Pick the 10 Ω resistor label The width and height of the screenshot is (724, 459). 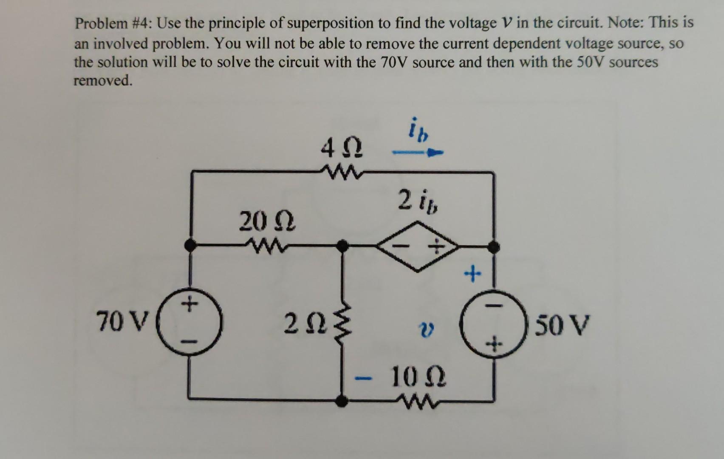[x=419, y=377]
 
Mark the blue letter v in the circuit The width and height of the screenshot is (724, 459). [x=426, y=330]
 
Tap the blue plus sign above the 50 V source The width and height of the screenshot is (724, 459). [x=472, y=274]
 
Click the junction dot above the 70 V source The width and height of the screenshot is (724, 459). [x=191, y=245]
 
